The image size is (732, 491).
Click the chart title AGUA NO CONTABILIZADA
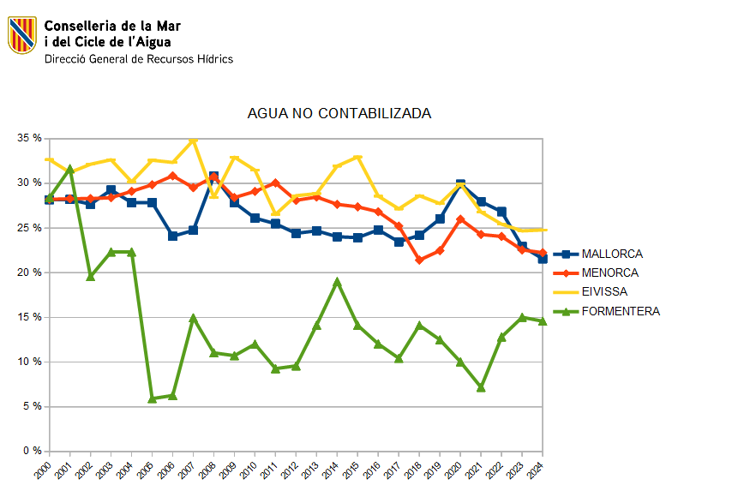click(x=339, y=114)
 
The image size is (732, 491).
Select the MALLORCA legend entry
click(x=611, y=254)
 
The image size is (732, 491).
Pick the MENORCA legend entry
click(x=609, y=273)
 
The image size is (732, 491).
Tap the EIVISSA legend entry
click(x=604, y=292)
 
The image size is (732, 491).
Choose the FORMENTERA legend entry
click(x=621, y=311)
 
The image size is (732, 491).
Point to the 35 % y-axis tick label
click(x=29, y=138)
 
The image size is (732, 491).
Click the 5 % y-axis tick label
click(x=32, y=406)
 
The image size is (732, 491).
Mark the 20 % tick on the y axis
click(x=29, y=272)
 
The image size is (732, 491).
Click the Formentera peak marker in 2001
click(x=70, y=170)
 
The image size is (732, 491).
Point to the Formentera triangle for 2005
click(x=153, y=398)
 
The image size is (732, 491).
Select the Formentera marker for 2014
click(x=338, y=281)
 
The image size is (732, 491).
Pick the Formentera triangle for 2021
click(x=482, y=387)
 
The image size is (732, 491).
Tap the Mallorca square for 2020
click(x=461, y=184)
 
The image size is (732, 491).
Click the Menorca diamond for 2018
click(x=420, y=260)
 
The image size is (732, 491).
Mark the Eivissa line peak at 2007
click(x=194, y=139)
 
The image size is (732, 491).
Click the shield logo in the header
click(x=21, y=35)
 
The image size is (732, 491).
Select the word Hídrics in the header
click(x=214, y=59)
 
